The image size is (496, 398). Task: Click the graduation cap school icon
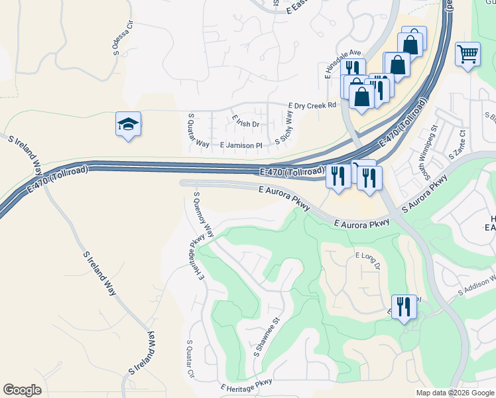click(x=129, y=124)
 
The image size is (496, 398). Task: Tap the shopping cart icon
click(x=468, y=54)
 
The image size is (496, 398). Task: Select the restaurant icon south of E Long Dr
click(x=404, y=307)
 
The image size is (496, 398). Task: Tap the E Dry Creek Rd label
click(x=312, y=105)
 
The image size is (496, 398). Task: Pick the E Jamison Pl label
click(x=241, y=144)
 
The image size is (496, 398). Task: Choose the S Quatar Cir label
click(x=190, y=360)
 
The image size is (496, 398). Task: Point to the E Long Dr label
click(x=367, y=260)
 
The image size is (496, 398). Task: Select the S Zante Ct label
click(x=458, y=144)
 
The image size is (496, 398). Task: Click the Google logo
click(x=22, y=390)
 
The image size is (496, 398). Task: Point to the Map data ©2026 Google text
click(x=454, y=393)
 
